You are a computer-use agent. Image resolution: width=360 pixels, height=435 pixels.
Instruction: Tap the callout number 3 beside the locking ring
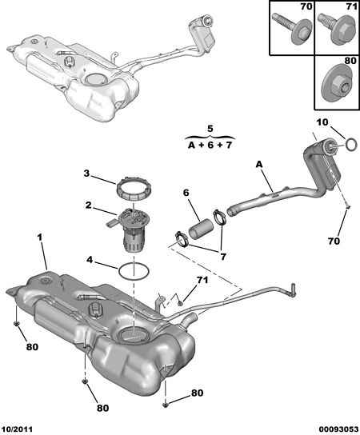pyautogui.click(x=88, y=173)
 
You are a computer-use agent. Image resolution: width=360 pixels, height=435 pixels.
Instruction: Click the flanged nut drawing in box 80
pyautogui.click(x=334, y=86)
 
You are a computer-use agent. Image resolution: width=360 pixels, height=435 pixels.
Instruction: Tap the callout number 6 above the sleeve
pyautogui.click(x=185, y=193)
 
